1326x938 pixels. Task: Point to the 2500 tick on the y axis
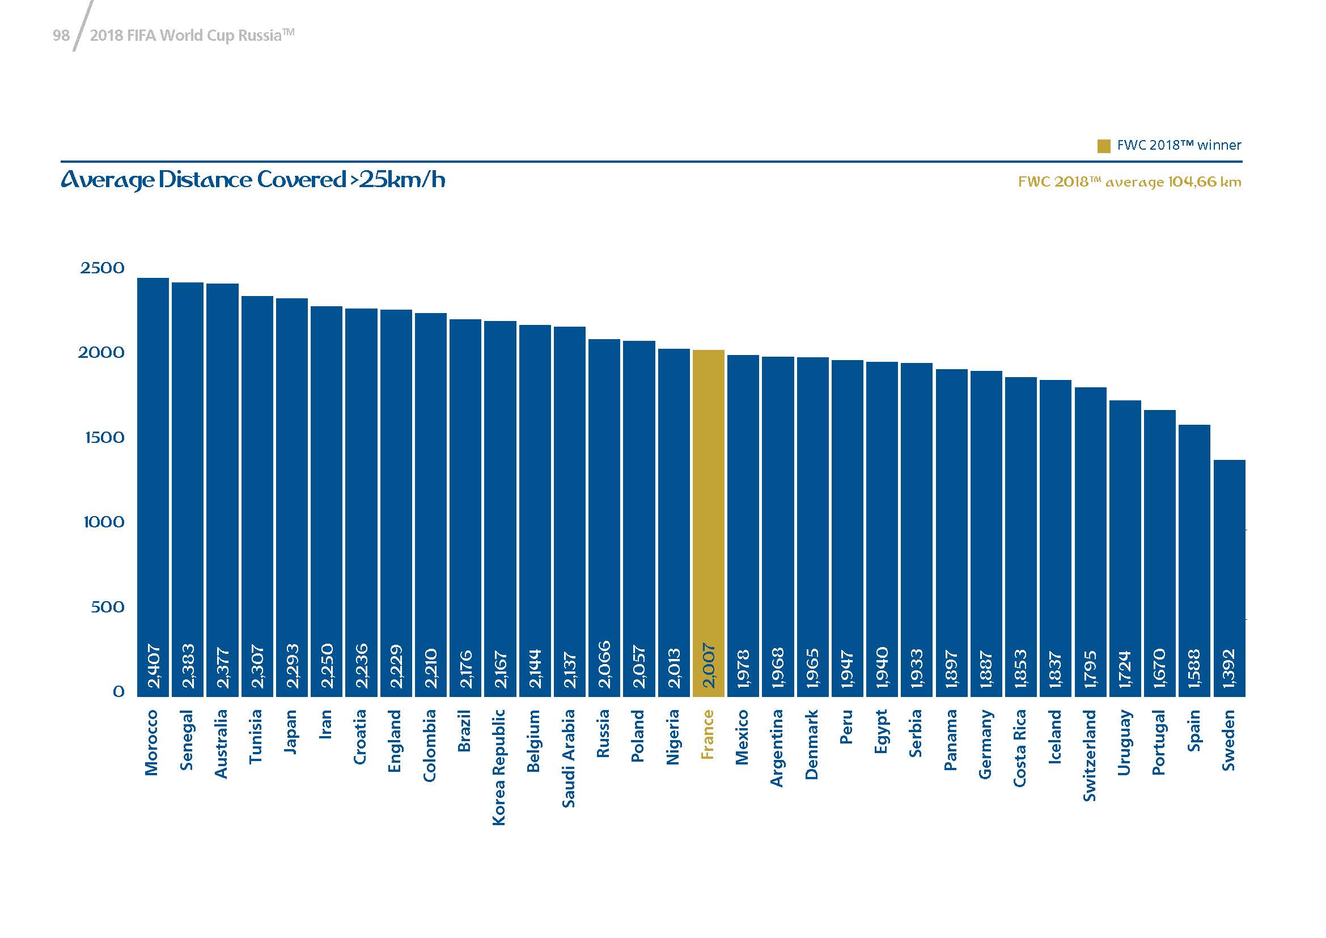click(102, 268)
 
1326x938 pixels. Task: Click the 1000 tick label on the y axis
click(104, 522)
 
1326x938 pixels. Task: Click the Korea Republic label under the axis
click(499, 767)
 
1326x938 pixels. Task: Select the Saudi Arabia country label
click(569, 758)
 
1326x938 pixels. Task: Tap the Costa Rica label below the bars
click(1020, 747)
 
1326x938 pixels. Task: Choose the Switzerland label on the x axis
click(1089, 755)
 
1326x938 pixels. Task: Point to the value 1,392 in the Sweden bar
click(1229, 668)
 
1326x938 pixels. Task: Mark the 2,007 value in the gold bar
click(709, 666)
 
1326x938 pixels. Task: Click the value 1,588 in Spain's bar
click(1194, 668)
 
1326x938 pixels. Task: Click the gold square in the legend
click(1104, 146)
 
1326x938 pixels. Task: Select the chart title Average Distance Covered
click(253, 180)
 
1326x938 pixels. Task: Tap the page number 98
click(61, 36)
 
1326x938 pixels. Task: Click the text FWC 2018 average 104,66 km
click(1129, 182)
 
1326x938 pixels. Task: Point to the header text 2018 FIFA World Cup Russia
click(192, 36)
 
